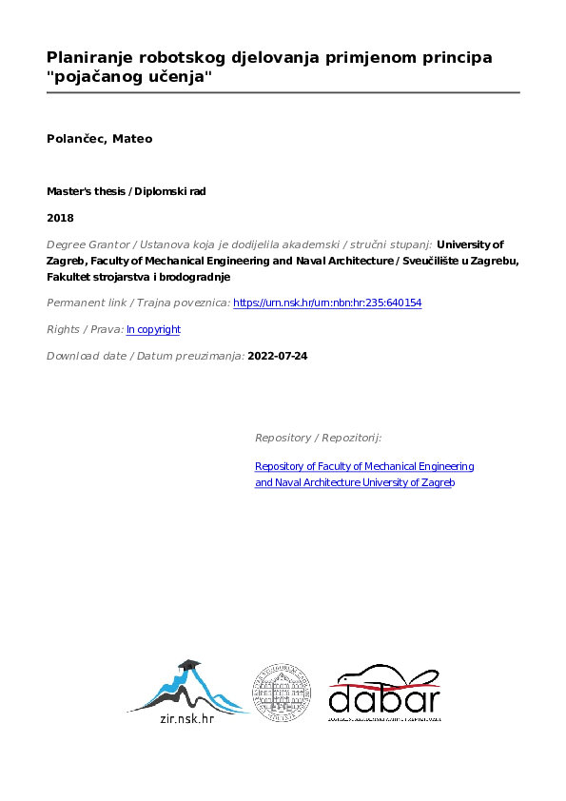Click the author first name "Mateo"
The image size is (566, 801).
tap(133, 139)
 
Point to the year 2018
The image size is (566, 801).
tap(60, 217)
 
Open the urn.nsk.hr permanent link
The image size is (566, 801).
tap(327, 303)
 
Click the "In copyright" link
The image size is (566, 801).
tap(153, 329)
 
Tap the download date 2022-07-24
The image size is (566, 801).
tap(277, 356)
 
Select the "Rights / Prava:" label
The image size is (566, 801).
tap(85, 329)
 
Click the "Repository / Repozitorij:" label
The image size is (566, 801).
tap(318, 438)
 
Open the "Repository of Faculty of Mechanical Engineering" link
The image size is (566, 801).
tap(364, 466)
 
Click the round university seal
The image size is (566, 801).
tap(281, 691)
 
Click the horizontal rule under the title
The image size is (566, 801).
tap(283, 92)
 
